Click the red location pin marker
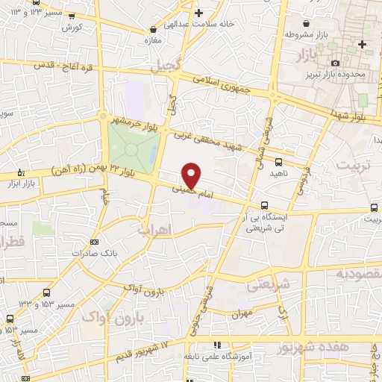click(192, 175)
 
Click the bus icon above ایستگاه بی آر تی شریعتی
click(264, 206)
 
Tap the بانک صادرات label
click(95, 253)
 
